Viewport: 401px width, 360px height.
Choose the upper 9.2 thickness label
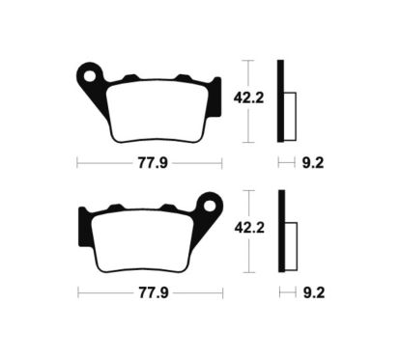click(x=311, y=163)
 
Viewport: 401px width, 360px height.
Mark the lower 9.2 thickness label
click(x=311, y=291)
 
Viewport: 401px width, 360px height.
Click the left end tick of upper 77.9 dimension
click(x=77, y=163)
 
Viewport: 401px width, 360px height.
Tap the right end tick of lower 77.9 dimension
click(x=221, y=291)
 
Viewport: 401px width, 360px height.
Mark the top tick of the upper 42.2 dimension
click(x=248, y=60)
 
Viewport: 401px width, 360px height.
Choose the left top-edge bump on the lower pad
click(x=115, y=206)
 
